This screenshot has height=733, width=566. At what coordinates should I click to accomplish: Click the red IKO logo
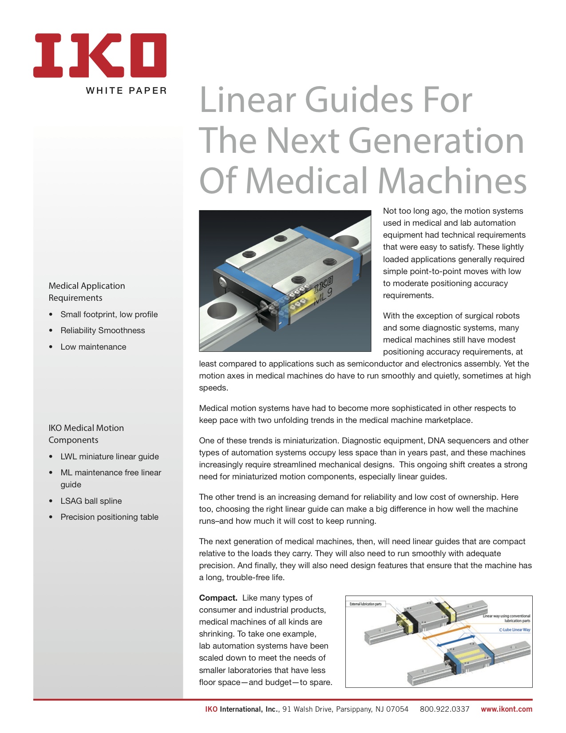(x=99, y=56)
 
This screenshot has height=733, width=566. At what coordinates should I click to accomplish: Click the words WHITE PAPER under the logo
(x=126, y=91)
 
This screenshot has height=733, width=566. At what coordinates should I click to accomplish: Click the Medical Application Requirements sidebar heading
(x=87, y=291)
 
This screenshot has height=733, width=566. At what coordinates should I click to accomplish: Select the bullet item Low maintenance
(x=93, y=347)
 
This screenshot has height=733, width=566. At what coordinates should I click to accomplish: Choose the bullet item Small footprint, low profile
(x=109, y=315)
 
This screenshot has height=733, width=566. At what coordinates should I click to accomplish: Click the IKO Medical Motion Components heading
(x=86, y=434)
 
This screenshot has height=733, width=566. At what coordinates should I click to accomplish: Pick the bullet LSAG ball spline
(x=91, y=501)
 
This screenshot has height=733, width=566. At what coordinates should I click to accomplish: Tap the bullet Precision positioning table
(x=109, y=517)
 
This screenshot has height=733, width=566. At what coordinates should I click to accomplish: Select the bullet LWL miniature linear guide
(x=109, y=457)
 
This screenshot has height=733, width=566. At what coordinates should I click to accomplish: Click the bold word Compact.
(x=218, y=598)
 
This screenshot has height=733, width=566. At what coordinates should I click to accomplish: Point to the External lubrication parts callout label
(x=365, y=604)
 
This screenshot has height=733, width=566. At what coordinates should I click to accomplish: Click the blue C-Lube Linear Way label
(x=514, y=629)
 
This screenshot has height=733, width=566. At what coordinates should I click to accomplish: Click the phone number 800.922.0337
(x=444, y=709)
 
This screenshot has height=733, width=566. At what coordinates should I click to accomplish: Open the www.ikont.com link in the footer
(x=506, y=709)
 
